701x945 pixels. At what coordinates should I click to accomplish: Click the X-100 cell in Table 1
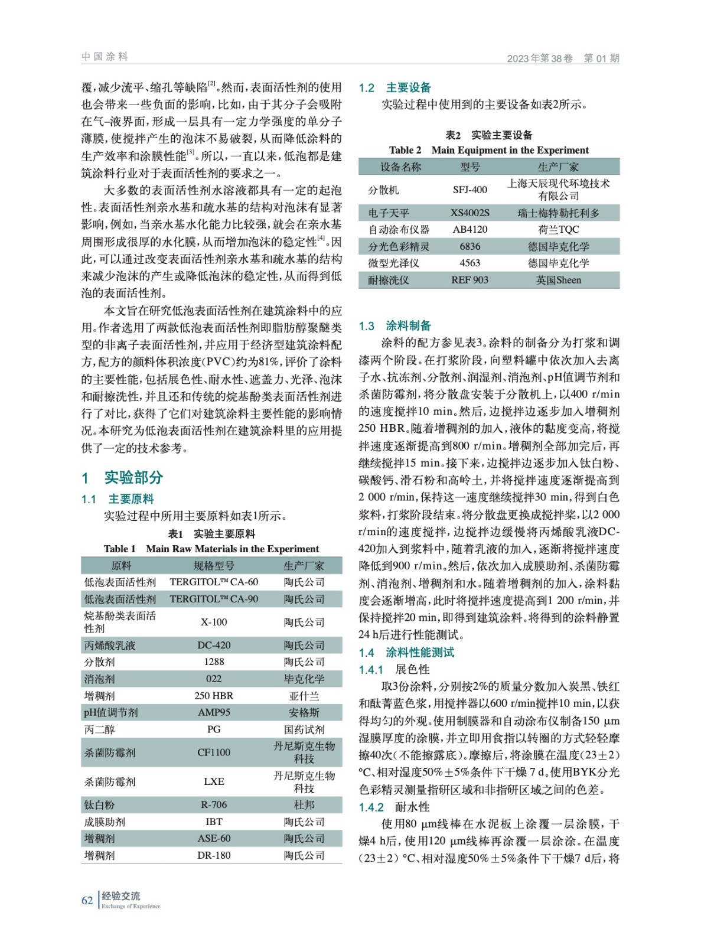click(214, 622)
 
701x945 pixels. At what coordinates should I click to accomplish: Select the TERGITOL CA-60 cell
click(214, 582)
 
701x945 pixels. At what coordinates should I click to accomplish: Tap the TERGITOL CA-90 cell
click(214, 599)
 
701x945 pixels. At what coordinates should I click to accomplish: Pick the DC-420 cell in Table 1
click(214, 645)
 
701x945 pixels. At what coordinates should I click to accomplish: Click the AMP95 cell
click(214, 712)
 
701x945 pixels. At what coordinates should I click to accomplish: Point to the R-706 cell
click(214, 804)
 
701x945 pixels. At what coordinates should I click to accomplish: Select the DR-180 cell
click(214, 855)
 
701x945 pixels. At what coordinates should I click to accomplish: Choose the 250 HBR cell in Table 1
click(214, 696)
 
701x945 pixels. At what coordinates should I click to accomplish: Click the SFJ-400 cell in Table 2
click(470, 190)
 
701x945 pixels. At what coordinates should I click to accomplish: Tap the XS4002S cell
click(470, 213)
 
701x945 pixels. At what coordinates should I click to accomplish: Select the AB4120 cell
click(470, 229)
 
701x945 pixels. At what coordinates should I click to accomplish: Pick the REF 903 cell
click(470, 280)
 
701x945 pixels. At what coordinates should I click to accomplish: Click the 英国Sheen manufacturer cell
click(558, 280)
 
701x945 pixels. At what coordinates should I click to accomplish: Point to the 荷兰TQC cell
click(558, 229)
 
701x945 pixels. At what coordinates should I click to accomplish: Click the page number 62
click(87, 900)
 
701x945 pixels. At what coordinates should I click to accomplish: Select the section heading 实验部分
click(133, 477)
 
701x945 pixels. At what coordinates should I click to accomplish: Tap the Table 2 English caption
click(489, 150)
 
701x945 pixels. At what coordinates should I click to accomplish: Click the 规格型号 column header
click(214, 565)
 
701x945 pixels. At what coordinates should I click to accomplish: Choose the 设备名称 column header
click(400, 167)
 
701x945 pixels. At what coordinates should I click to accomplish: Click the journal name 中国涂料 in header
click(105, 57)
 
